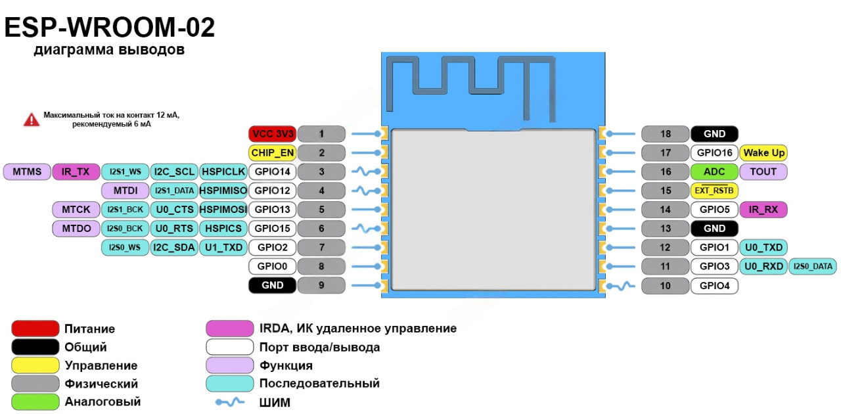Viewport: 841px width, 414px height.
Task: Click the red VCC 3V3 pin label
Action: pos(272,134)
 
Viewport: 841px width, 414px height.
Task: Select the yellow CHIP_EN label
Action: pos(272,153)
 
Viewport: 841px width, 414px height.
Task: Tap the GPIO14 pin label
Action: pos(272,172)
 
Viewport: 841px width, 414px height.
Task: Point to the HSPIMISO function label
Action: pos(223,191)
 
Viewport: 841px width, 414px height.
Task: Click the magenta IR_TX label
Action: pos(76,172)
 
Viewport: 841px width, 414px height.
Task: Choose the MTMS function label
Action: pos(26,172)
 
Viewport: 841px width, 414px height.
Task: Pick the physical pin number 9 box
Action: pos(321,286)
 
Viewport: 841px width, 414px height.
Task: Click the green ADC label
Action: pos(714,172)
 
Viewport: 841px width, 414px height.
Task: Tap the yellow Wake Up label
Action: pos(764,153)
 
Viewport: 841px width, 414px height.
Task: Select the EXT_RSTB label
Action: pos(714,191)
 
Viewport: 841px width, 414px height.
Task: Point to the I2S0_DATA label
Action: pos(813,267)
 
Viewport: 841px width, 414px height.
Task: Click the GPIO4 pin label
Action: pos(714,286)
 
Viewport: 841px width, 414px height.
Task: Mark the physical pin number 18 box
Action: pos(665,134)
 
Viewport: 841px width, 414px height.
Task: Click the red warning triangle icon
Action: pos(32,120)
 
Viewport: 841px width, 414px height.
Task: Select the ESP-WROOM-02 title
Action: pos(110,29)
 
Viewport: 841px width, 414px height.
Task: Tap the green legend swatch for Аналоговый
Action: pos(35,402)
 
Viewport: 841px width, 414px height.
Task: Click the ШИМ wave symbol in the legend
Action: pos(230,402)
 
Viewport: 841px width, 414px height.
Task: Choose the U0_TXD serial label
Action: pos(763,248)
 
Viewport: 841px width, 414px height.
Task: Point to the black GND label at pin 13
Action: pos(714,229)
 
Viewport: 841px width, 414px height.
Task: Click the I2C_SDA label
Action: pos(173,248)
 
